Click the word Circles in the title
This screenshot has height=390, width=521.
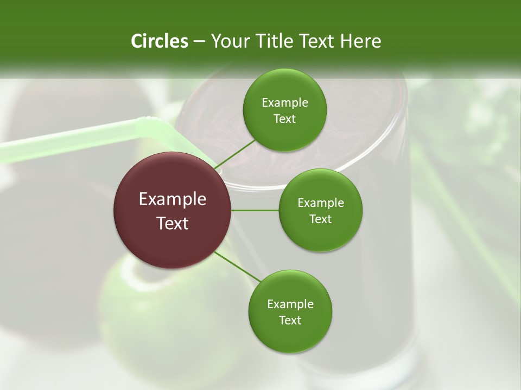(159, 41)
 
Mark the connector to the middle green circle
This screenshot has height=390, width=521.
(255, 210)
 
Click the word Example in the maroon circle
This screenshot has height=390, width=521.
(173, 199)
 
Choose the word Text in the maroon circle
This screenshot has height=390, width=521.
(173, 223)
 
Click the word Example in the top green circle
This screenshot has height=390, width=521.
(284, 103)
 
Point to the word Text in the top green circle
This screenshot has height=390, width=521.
(284, 119)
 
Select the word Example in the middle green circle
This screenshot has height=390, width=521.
(320, 203)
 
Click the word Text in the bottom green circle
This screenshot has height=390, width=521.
(290, 320)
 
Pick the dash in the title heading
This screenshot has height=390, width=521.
(199, 41)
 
